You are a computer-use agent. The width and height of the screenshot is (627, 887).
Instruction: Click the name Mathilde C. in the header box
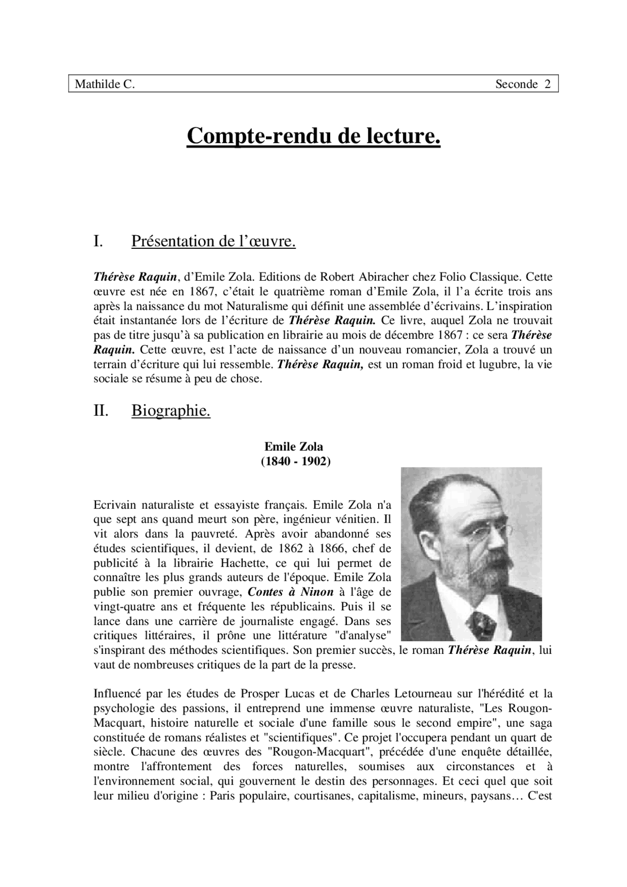point(104,84)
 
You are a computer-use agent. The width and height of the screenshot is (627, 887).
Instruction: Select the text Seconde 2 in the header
point(523,84)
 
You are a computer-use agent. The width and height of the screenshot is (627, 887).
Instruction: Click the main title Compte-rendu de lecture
point(313,136)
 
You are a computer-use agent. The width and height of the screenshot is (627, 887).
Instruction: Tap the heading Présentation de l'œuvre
point(213,241)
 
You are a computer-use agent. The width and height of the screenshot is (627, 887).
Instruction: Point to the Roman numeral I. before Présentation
point(98,241)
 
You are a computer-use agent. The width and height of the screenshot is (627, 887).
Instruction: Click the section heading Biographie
point(170,411)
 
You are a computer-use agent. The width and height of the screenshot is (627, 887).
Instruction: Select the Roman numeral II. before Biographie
point(100,411)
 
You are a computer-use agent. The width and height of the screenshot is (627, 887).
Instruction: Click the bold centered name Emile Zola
point(294,447)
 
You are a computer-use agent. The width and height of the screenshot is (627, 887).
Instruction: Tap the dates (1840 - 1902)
point(295,461)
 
